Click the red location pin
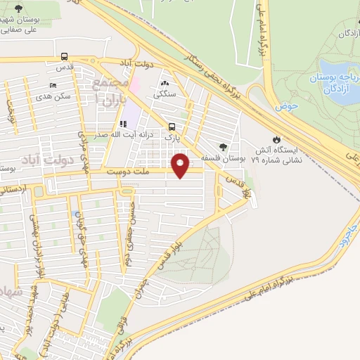tap(182, 165)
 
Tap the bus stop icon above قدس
tap(64, 57)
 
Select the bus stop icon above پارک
tap(172, 127)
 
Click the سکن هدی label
tap(55, 97)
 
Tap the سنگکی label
tap(167, 92)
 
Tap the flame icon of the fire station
tap(276, 139)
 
